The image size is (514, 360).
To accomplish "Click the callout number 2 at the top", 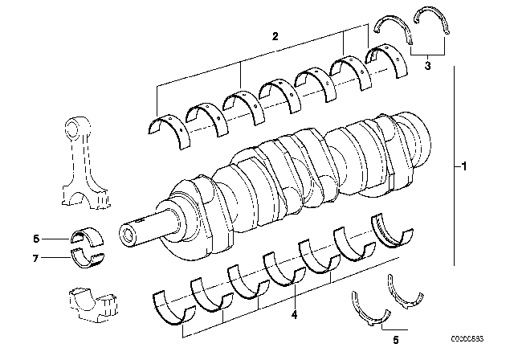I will click(275, 37).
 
